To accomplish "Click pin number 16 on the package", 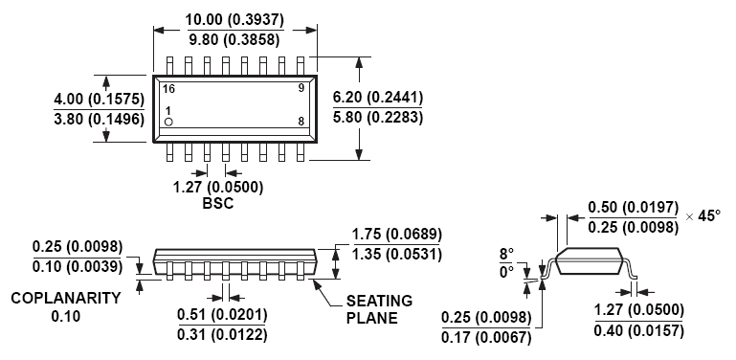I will (168, 88).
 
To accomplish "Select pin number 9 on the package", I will (301, 88).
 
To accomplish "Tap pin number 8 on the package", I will (301, 121).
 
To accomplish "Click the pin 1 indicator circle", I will (168, 123).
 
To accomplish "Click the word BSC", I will (218, 204).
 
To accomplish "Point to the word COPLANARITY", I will (66, 298).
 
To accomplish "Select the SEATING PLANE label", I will (378, 308).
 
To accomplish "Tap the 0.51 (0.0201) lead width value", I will (223, 315).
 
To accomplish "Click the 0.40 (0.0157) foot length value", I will (639, 330).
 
